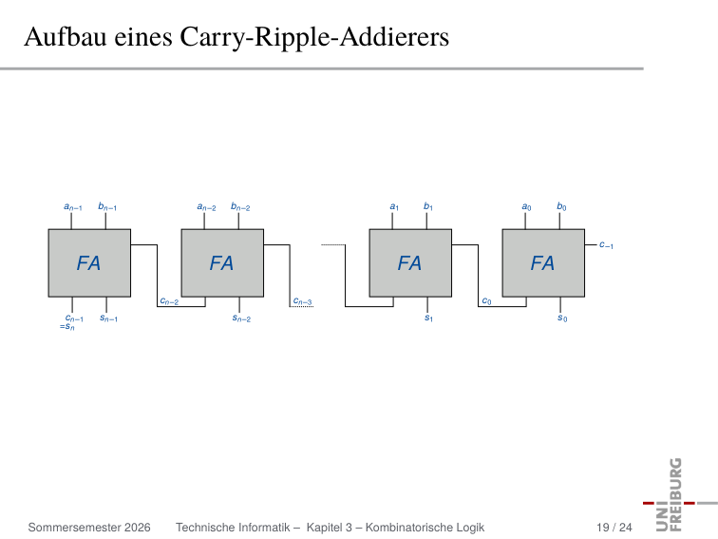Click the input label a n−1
(73, 207)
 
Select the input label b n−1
(107, 206)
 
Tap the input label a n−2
(206, 207)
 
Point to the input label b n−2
(240, 206)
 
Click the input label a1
(394, 206)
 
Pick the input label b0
(561, 206)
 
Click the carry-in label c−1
(606, 245)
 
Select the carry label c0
(486, 301)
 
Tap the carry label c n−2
(169, 301)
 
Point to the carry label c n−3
(302, 301)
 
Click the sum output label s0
(562, 318)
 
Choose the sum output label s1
(428, 318)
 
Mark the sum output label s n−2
(241, 318)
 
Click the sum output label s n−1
(108, 318)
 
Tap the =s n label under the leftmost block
(66, 327)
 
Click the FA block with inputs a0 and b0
(543, 263)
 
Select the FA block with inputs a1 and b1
(410, 263)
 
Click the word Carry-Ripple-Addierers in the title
(314, 37)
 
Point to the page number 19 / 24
(614, 528)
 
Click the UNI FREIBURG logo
(679, 494)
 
